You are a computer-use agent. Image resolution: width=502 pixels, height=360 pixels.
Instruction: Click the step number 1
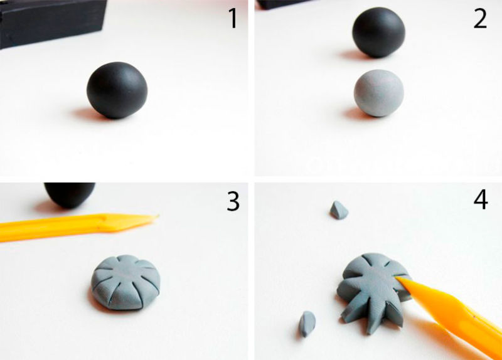click(233, 19)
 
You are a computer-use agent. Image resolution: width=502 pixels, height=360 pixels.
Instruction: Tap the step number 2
click(480, 19)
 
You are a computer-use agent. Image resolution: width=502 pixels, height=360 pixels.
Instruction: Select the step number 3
click(233, 201)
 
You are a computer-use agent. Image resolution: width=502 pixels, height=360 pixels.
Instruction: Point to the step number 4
click(481, 199)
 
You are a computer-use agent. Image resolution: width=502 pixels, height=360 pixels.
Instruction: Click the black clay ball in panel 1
click(117, 90)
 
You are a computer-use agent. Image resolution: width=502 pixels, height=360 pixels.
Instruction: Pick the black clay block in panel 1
click(51, 23)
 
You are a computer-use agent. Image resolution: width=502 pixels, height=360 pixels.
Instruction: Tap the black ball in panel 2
click(379, 32)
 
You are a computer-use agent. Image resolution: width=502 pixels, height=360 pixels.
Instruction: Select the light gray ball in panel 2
click(379, 93)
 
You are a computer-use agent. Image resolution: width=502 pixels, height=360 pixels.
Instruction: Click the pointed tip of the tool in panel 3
click(158, 216)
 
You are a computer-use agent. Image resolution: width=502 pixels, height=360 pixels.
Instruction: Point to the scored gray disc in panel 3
click(126, 282)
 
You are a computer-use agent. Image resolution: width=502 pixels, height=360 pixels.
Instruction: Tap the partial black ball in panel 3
click(70, 194)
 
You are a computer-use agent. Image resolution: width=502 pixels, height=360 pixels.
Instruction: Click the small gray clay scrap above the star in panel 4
click(339, 210)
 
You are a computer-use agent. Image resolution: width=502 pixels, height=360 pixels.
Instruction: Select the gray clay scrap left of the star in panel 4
click(307, 324)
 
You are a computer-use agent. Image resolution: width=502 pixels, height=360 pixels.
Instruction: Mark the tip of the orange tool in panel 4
click(398, 278)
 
